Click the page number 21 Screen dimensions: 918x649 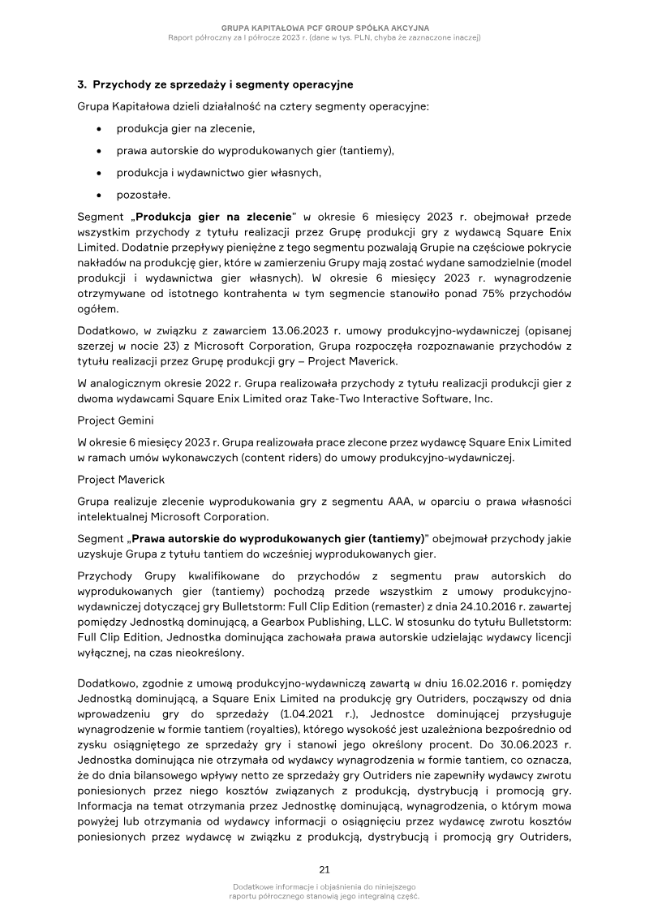click(x=324, y=870)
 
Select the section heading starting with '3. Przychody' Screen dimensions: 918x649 click(x=215, y=84)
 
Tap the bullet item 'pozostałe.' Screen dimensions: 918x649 click(x=144, y=194)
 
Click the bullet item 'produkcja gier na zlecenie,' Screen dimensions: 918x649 click(x=186, y=128)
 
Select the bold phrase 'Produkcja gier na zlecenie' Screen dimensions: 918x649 click(x=213, y=218)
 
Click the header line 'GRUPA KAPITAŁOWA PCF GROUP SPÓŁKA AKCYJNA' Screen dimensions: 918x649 click(x=324, y=28)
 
